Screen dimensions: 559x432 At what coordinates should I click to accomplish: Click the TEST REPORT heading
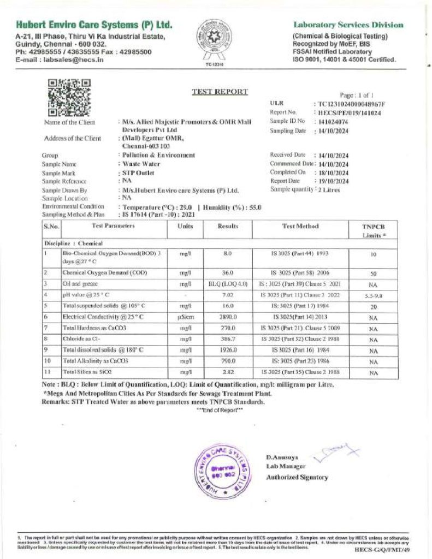coord(220,92)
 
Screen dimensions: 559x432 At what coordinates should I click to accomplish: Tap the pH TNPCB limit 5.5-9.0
coord(374,295)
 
